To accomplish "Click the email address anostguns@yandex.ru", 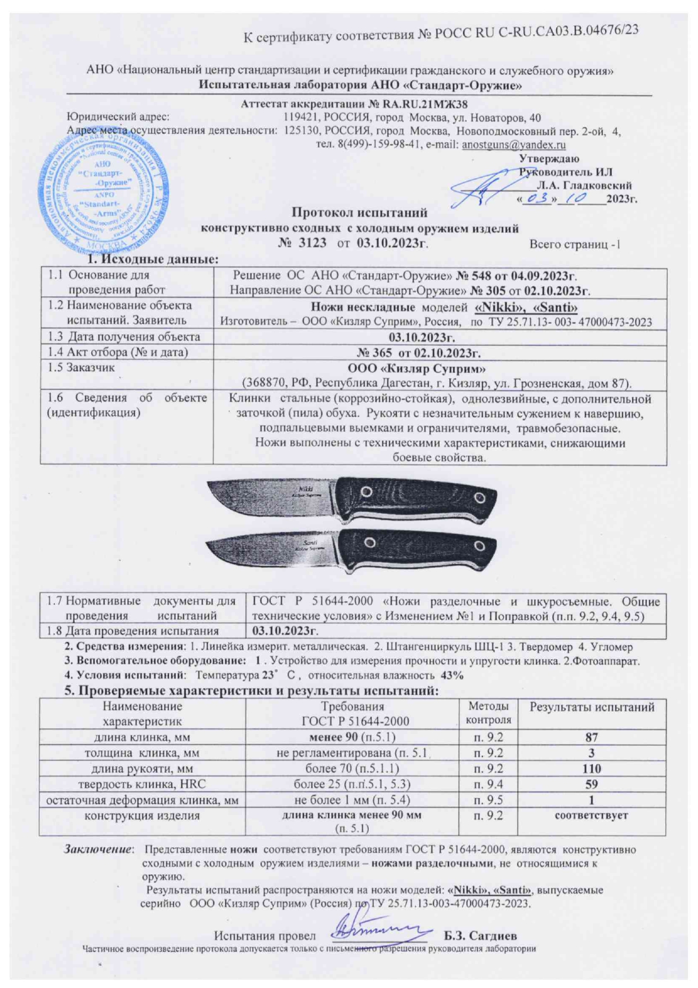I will coord(513,145).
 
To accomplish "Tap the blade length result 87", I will coord(591,737).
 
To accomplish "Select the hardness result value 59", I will coord(591,784).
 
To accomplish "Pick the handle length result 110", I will coord(591,768).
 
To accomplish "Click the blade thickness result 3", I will coord(591,753).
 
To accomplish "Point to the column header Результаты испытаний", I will coord(592,707).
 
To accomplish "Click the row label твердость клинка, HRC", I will coord(142,784).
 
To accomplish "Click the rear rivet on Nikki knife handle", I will coord(480,497).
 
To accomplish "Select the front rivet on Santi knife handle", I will coord(370,542).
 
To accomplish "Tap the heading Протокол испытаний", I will coord(359,212).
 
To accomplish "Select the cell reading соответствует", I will coord(591,815).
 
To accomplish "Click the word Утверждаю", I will coord(548,159).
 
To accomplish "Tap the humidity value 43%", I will coord(451,675).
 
